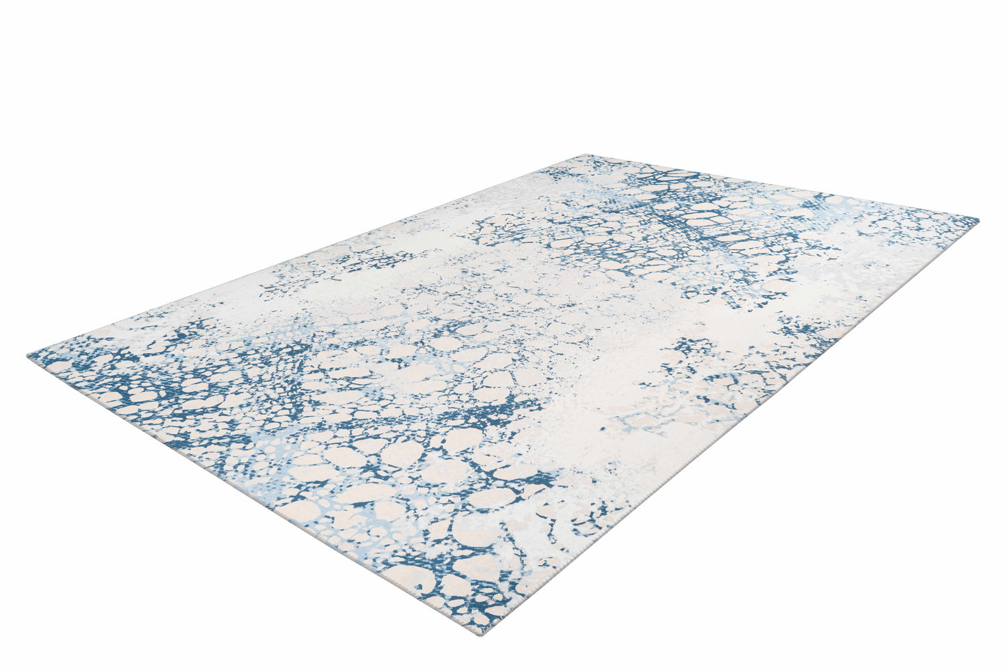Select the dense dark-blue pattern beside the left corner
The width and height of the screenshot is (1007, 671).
click(x=105, y=376)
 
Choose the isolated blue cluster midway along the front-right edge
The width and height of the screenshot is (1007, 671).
click(x=697, y=362)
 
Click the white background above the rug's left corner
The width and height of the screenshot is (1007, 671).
click(x=105, y=209)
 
